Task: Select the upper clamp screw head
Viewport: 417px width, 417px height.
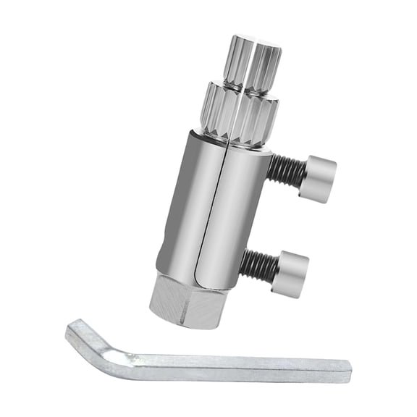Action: point(320,173)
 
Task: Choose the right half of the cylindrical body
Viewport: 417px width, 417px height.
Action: point(235,217)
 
